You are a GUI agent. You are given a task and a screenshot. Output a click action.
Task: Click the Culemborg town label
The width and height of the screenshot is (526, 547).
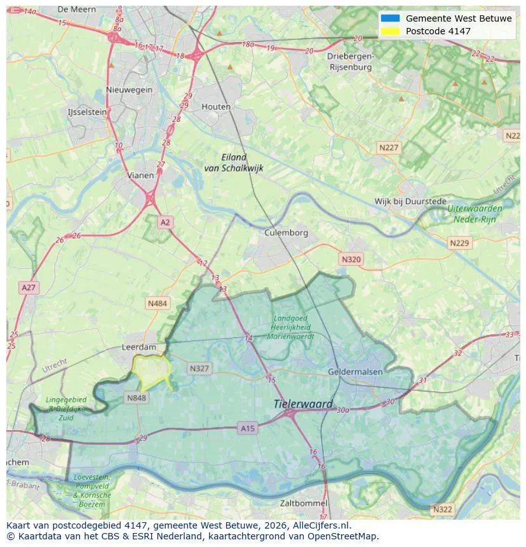[286, 233]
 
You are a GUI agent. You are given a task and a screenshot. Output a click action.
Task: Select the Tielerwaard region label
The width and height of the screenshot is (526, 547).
[303, 404]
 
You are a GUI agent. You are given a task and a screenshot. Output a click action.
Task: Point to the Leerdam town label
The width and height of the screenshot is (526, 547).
[138, 348]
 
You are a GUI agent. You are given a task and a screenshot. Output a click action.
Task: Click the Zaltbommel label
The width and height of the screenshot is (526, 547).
[304, 503]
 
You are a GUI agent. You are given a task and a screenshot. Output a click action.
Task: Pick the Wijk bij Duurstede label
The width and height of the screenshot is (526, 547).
[410, 201]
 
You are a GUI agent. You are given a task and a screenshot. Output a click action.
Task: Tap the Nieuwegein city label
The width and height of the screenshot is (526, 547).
[130, 90]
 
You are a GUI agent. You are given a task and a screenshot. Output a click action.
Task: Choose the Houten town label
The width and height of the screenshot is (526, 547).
[216, 107]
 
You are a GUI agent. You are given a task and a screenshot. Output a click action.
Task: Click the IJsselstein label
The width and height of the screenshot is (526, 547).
[87, 112]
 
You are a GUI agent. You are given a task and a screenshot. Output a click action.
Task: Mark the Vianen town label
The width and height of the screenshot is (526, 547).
[140, 175]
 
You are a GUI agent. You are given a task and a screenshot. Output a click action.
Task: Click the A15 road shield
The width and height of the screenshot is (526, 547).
[248, 429]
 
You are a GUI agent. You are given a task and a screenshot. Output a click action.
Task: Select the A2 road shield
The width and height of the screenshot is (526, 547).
[165, 222]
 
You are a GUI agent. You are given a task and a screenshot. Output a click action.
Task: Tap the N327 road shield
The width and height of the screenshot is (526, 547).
[199, 368]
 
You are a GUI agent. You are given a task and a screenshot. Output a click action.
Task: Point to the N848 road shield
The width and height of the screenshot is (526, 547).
[136, 398]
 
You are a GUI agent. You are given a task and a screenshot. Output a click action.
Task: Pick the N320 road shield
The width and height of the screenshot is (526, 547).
[351, 259]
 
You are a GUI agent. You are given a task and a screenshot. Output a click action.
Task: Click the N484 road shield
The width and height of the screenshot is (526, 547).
[158, 304]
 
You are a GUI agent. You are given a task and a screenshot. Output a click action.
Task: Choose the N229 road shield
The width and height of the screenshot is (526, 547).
[459, 243]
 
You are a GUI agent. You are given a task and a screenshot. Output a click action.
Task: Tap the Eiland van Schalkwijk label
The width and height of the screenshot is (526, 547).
[233, 163]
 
